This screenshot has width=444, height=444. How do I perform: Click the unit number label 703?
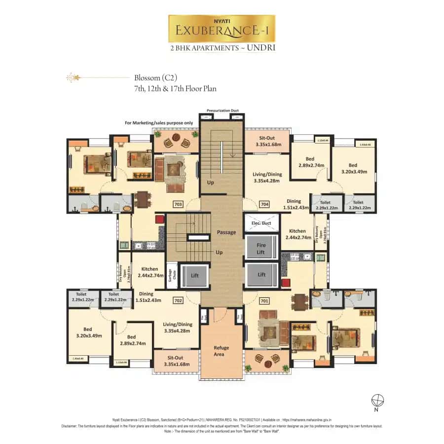179,204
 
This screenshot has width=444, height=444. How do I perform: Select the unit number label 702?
179,299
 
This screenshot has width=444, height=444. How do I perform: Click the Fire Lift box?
261,248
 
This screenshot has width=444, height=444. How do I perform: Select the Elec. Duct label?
261,223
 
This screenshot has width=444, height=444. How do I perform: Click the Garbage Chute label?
171,274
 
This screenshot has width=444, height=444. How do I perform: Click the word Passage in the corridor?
226,232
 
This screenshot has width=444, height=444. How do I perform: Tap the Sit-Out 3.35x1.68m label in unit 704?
268,142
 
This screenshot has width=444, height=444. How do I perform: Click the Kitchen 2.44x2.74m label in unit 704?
297,234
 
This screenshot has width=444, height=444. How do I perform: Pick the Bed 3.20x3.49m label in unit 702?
89,333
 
